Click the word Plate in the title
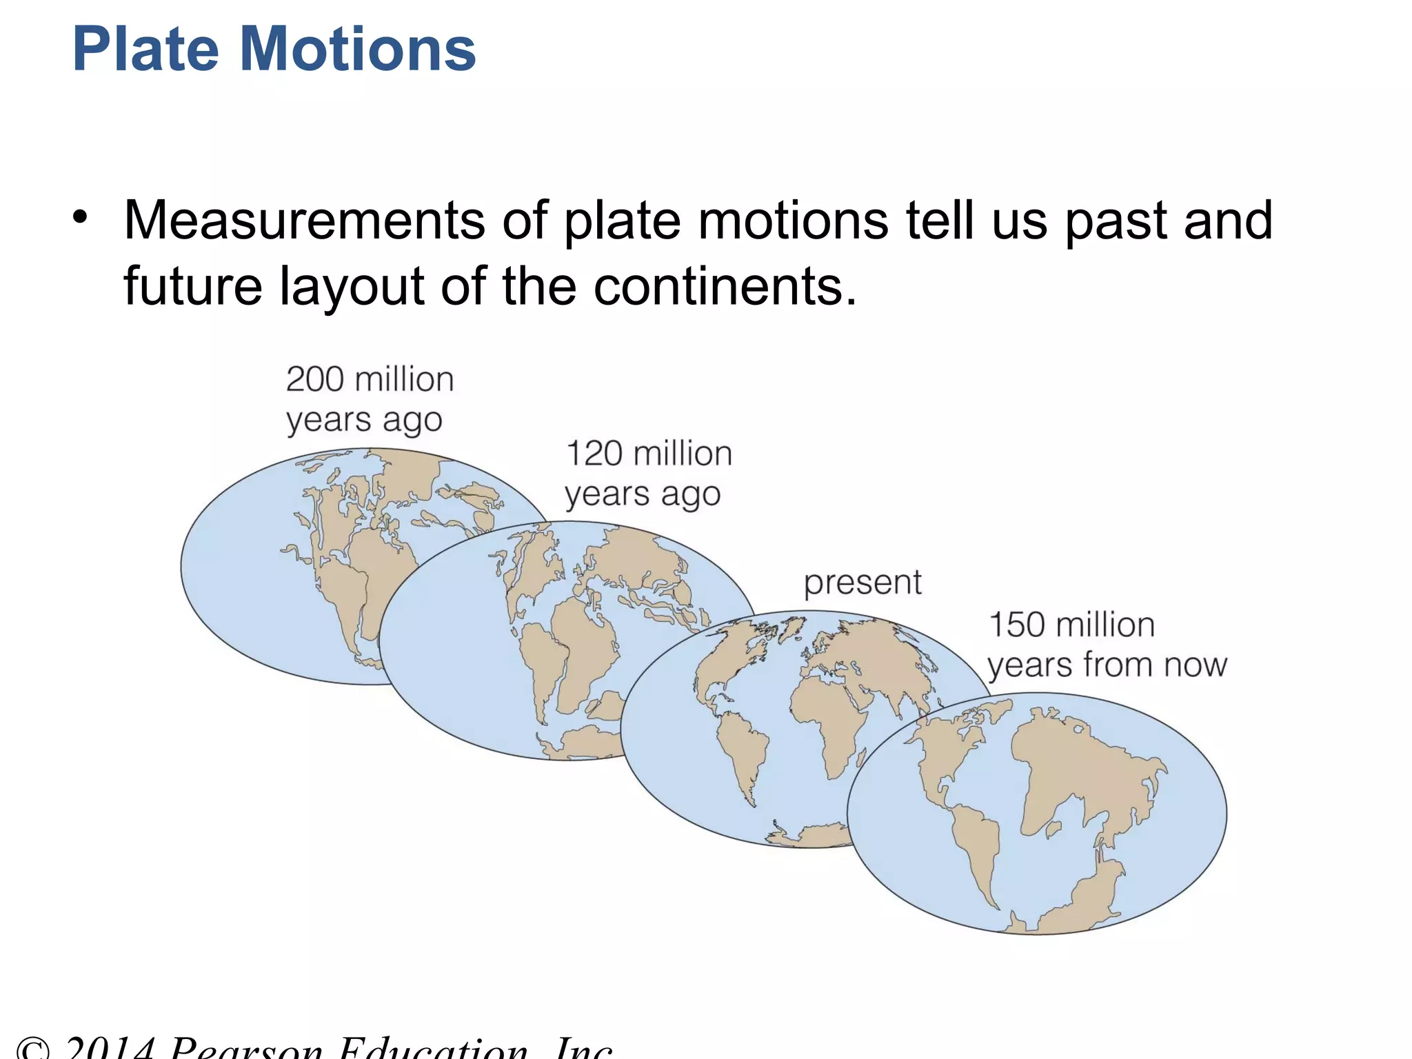pyautogui.click(x=145, y=50)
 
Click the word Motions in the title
pyautogui.click(x=359, y=50)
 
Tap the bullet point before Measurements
pyautogui.click(x=81, y=217)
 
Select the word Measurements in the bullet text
pyautogui.click(x=303, y=221)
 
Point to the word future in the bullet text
pyautogui.click(x=192, y=286)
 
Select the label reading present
pyautogui.click(x=863, y=583)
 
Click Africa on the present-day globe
pyautogui.click(x=827, y=717)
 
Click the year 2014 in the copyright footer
pyautogui.click(x=110, y=1048)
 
